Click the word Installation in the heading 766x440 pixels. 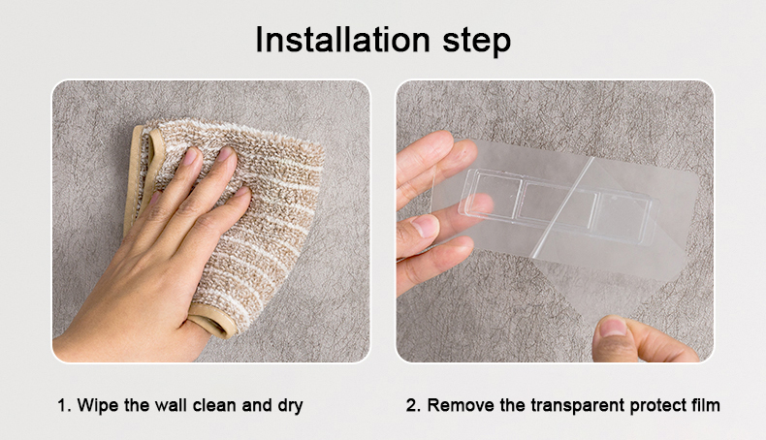(x=342, y=39)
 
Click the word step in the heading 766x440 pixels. (x=477, y=41)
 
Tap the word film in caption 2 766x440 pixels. (x=706, y=405)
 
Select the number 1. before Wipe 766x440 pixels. (x=65, y=405)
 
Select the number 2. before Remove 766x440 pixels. (x=413, y=405)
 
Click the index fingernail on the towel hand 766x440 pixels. (x=189, y=156)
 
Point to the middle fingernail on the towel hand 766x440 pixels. (x=225, y=154)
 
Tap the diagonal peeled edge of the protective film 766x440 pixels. (x=562, y=207)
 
